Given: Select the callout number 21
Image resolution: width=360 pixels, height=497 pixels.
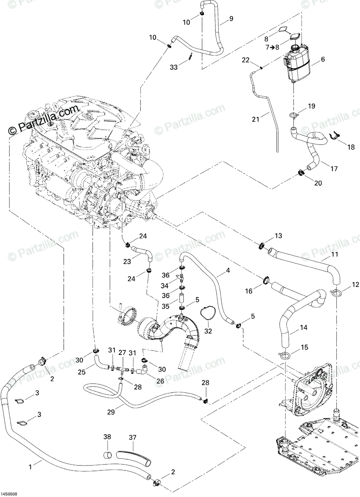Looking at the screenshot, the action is [x=256, y=119].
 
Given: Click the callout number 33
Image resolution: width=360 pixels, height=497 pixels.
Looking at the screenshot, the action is [x=174, y=67].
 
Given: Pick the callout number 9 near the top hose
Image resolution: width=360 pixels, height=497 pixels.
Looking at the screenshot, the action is [x=231, y=19].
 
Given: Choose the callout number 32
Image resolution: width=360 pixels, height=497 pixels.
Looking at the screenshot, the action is [x=208, y=337].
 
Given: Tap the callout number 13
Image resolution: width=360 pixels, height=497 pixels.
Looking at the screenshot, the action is [x=278, y=235].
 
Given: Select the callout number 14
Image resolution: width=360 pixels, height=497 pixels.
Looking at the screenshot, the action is [x=304, y=328].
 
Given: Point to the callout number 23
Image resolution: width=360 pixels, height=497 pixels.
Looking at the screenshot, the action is [x=127, y=262].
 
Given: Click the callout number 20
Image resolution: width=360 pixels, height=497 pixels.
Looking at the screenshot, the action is [x=318, y=183].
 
